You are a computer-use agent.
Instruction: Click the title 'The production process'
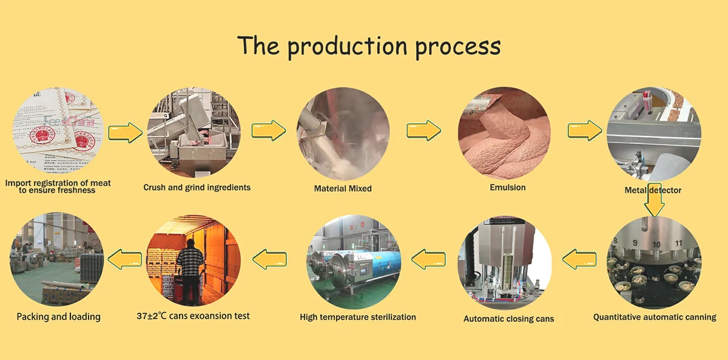point(369,46)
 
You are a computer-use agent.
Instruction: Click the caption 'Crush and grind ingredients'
point(197,188)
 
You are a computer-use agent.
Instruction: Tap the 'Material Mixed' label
point(343,188)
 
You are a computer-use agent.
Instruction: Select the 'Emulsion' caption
point(508,187)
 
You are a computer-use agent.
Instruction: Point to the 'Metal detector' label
point(653,190)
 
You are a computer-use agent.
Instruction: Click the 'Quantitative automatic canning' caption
point(655,317)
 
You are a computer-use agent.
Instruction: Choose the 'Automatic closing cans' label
point(508,319)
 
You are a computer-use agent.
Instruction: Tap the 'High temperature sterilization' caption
point(358,317)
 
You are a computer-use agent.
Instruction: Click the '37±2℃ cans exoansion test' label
point(194,316)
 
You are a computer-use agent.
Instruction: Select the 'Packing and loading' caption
point(58,316)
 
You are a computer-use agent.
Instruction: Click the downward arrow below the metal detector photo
point(654,200)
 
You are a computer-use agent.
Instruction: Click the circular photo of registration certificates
point(58,131)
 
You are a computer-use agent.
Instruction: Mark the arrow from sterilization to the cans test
point(270,260)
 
